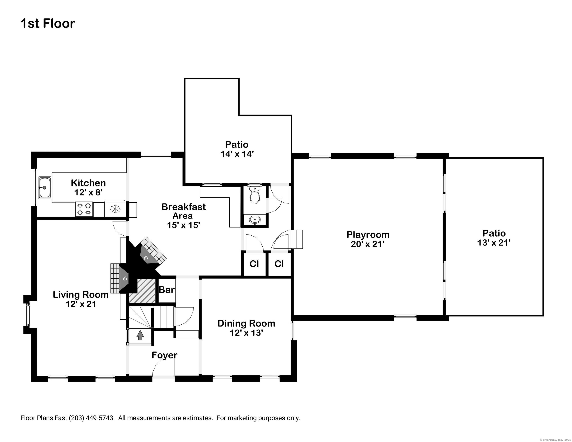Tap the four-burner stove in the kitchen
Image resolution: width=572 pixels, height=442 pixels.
[84, 209]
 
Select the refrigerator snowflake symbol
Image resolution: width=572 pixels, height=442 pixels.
[115, 209]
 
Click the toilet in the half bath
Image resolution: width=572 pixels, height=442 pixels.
[254, 194]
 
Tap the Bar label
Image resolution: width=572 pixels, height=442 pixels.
[166, 290]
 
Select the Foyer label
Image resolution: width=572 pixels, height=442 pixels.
[164, 355]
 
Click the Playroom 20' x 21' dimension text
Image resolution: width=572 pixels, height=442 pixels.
[368, 244]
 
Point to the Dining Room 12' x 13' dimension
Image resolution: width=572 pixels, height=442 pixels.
[246, 333]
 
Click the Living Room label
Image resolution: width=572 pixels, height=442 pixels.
[81, 294]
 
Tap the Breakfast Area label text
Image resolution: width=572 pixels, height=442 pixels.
[183, 211]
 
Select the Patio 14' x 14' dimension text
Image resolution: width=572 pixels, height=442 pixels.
[237, 154]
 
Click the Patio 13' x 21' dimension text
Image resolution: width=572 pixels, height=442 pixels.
[494, 243]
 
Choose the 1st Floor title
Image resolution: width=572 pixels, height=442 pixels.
[48, 23]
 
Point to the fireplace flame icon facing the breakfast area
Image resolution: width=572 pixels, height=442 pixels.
[146, 258]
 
